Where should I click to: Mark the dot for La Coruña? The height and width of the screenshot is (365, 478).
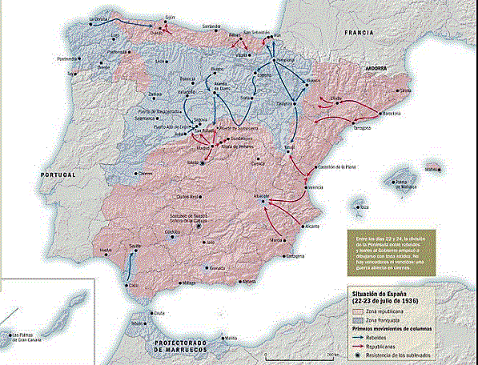click(91, 23)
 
